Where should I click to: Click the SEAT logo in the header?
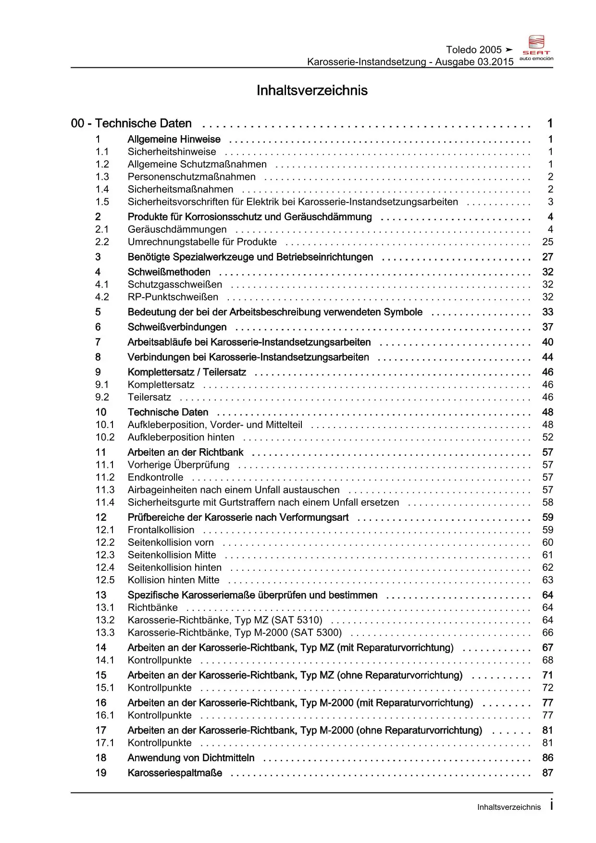(x=536, y=47)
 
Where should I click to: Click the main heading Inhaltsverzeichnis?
(x=312, y=90)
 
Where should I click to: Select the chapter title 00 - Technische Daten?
(x=131, y=124)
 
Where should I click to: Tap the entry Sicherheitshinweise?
(x=172, y=152)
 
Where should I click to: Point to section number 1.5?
(x=102, y=202)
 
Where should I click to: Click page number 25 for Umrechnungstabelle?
(x=547, y=242)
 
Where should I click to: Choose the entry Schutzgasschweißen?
(x=174, y=285)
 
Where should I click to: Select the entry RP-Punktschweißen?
(x=173, y=297)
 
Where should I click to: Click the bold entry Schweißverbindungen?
(x=177, y=327)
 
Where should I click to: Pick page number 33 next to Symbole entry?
(x=547, y=312)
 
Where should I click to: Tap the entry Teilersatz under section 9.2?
(x=149, y=397)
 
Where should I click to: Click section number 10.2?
(x=105, y=437)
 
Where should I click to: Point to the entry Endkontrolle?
(x=155, y=477)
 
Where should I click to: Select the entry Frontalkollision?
(x=161, y=530)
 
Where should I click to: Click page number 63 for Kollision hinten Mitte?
(x=547, y=580)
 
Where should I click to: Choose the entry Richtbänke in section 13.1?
(x=152, y=607)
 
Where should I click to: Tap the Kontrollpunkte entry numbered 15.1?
(x=160, y=688)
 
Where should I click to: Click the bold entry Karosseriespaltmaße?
(x=175, y=773)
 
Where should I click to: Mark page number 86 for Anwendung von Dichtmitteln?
(x=547, y=758)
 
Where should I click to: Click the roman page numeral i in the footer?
(x=551, y=805)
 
